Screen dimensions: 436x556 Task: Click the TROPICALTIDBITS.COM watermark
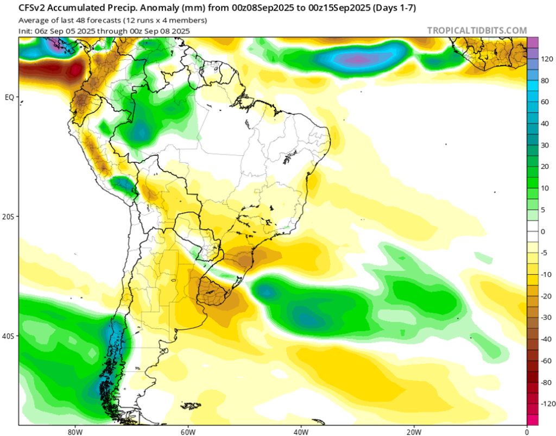[477, 30]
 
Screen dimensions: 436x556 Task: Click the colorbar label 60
[544, 102]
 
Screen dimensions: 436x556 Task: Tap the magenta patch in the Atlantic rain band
[356, 59]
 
